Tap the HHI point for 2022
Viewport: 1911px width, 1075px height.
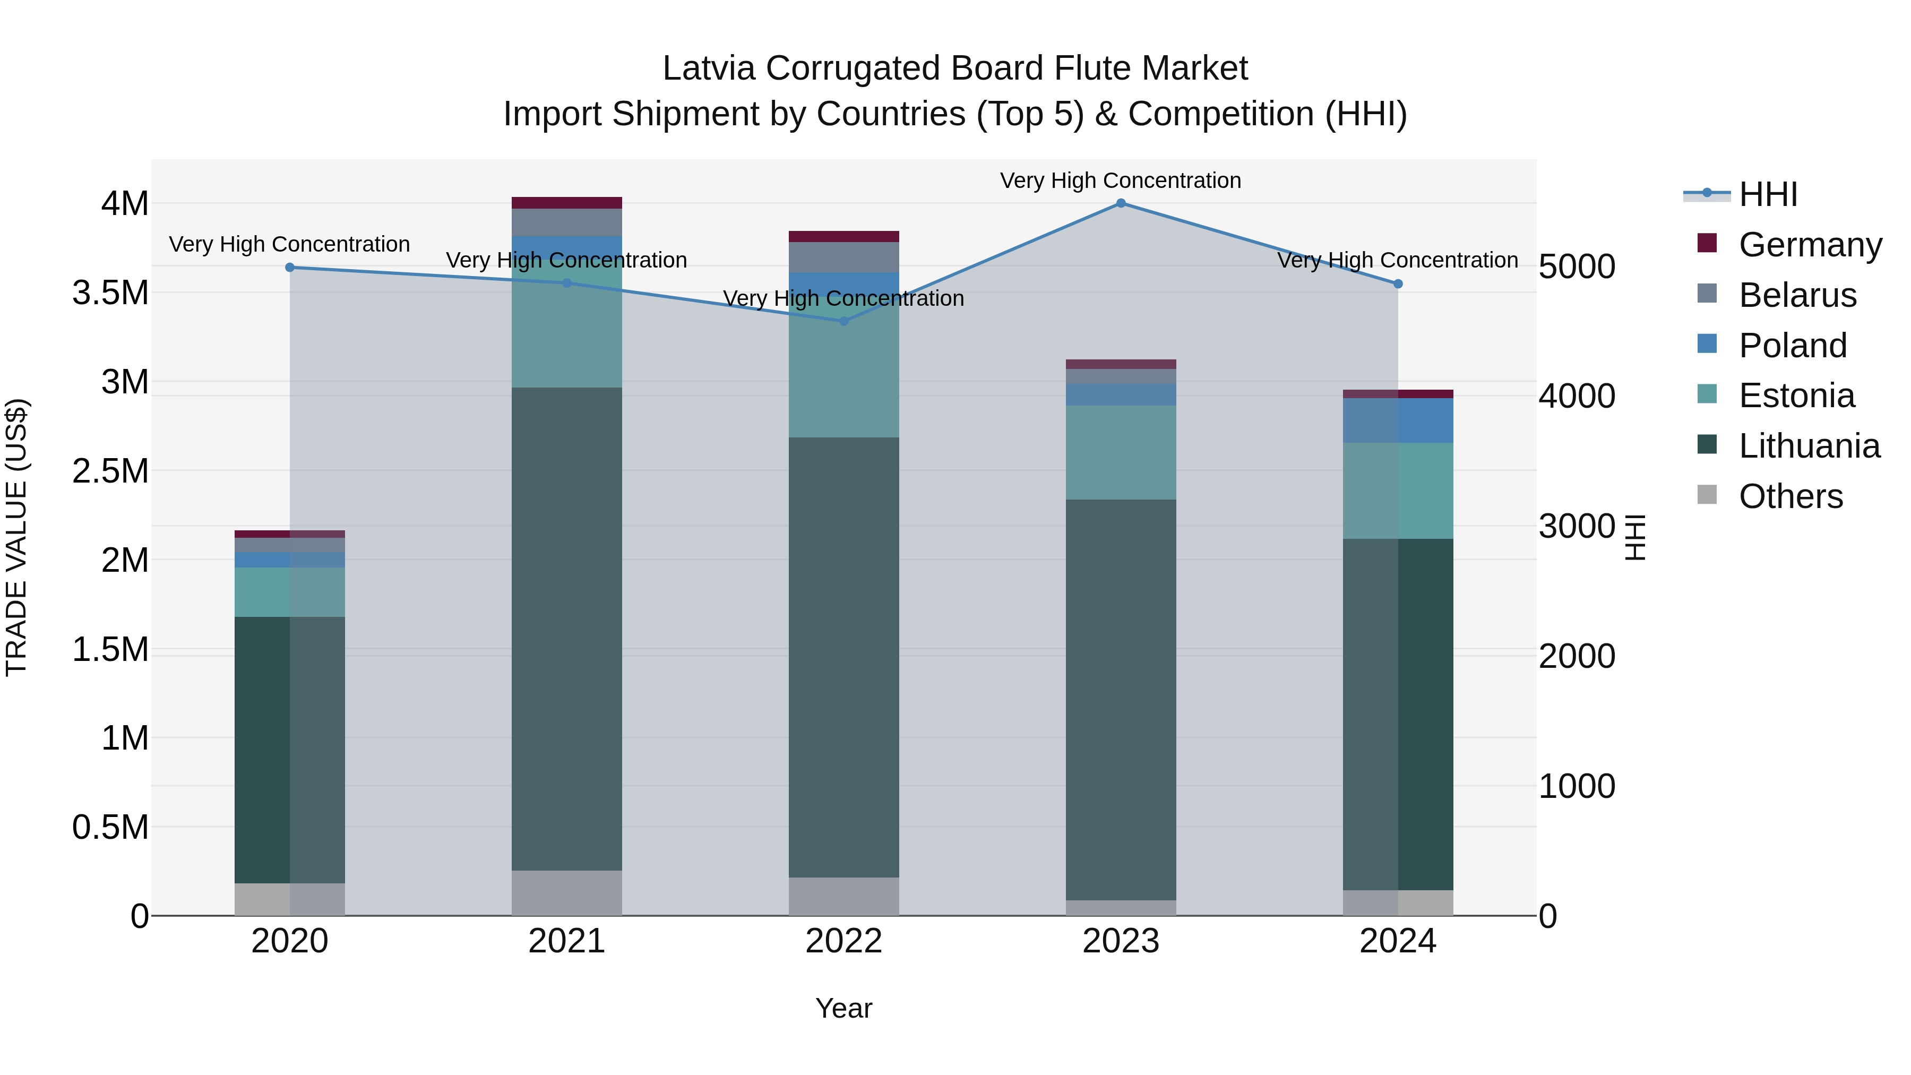coord(843,321)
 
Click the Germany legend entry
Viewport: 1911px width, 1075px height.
coord(1810,245)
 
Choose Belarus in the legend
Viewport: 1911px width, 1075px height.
coord(1797,295)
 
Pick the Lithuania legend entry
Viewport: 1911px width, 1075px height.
coord(1809,446)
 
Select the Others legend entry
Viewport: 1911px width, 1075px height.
coord(1790,497)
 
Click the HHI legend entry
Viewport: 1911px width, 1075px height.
coord(1767,194)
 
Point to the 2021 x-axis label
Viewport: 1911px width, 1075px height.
coord(567,941)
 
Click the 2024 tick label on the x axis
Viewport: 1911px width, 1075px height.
coord(1398,941)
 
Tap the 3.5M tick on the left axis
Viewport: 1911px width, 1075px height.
coord(110,293)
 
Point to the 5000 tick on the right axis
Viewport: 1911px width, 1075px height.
coord(1577,267)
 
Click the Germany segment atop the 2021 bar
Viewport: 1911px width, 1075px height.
coord(567,203)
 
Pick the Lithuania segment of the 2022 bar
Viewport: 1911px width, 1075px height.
coord(843,657)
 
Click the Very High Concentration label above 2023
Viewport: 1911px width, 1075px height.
coord(1120,181)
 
